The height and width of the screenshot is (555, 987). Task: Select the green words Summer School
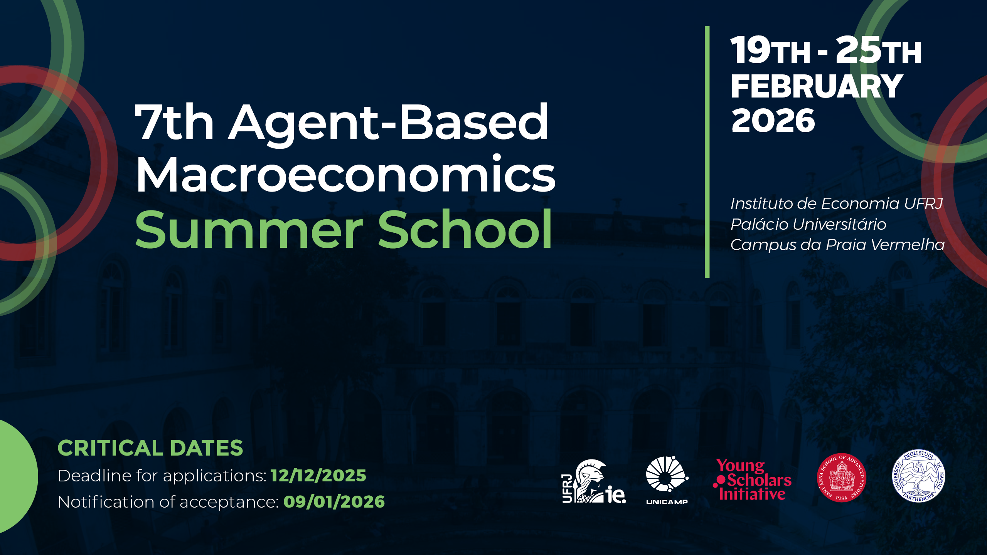344,229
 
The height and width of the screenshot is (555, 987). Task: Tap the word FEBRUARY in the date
817,86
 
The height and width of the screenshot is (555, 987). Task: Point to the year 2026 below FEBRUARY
773,120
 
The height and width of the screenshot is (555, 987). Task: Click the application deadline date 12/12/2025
318,476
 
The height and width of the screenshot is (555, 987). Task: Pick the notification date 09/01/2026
334,502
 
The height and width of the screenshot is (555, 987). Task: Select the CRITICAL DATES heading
150,448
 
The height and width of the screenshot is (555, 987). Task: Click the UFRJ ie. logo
594,481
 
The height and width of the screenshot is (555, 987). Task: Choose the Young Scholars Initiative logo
752,479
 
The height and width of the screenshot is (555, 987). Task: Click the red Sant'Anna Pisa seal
842,478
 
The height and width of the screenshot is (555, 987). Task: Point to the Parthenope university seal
919,476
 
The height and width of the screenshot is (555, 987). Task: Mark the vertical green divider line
707,152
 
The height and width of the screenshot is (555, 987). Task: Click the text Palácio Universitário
808,224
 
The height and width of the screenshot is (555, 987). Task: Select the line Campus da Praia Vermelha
837,245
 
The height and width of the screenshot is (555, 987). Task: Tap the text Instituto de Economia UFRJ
837,203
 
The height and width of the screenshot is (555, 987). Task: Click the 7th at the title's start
174,122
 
